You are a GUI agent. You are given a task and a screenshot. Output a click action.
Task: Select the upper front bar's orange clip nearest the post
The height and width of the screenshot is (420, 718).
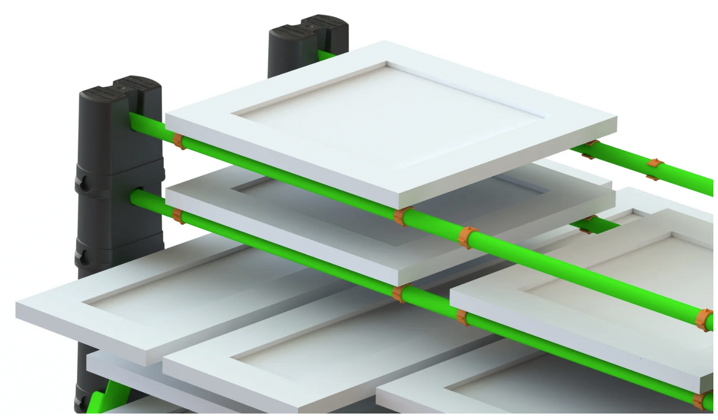tap(178, 141)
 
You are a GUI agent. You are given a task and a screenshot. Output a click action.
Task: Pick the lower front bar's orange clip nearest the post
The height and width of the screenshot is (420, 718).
tap(177, 216)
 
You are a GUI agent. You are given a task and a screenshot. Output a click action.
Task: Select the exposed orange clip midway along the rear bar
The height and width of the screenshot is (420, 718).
tap(654, 168)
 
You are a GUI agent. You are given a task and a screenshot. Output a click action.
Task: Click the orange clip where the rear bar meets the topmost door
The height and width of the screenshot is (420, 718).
tap(589, 149)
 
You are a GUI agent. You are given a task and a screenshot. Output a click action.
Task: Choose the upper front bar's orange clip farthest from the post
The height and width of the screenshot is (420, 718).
tap(703, 319)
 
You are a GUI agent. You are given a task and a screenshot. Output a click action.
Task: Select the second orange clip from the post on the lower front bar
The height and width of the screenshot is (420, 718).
tap(400, 293)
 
